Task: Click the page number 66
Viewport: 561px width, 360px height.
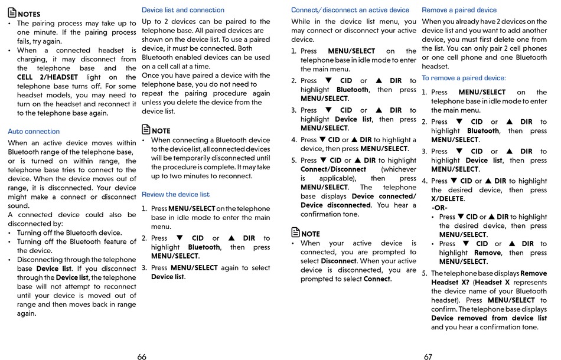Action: coord(142,356)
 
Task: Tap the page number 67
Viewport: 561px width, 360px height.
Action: coord(428,356)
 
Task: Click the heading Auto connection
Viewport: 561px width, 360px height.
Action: coord(34,132)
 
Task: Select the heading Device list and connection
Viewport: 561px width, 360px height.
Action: coord(183,10)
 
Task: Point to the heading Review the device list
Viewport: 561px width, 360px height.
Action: coord(175,194)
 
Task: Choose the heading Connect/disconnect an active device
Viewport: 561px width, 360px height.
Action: coord(350,10)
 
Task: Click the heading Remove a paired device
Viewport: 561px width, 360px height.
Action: coord(459,10)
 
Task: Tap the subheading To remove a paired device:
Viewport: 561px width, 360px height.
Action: coord(464,78)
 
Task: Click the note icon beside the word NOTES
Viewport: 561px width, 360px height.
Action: coord(12,13)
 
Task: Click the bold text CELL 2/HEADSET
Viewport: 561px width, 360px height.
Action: coord(47,77)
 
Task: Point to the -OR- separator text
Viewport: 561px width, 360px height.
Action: coord(439,208)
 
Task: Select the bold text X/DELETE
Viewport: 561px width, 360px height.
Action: coord(447,199)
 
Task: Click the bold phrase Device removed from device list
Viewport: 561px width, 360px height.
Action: coord(489,318)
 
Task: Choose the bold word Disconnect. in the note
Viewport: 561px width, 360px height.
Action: coord(339,261)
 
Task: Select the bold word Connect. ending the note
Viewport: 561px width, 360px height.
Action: coord(377,279)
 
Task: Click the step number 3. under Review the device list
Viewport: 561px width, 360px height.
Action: coord(144,268)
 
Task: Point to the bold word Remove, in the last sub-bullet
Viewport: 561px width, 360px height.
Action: coord(488,253)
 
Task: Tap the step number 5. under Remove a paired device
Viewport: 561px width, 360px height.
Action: coord(425,273)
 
